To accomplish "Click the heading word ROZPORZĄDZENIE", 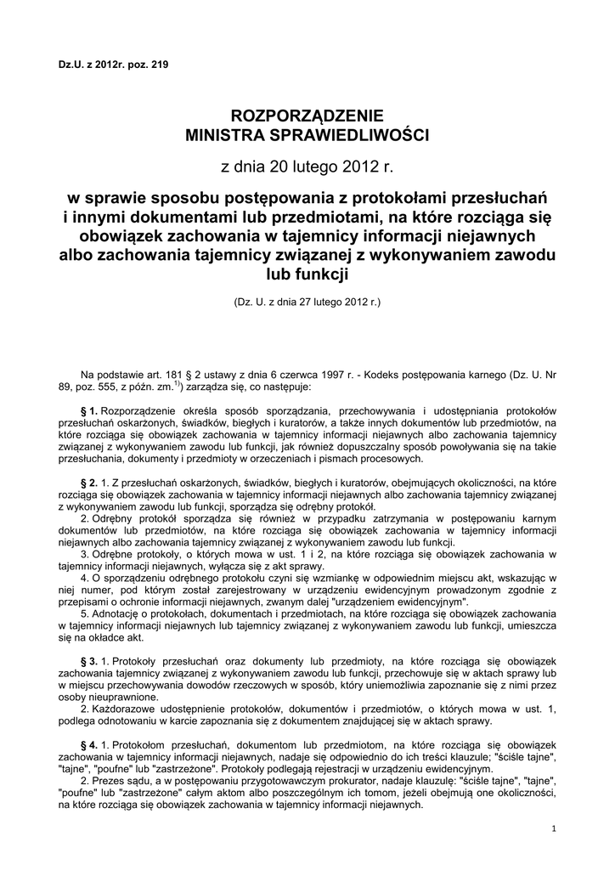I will pos(307,116).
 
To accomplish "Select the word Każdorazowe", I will pos(121,708).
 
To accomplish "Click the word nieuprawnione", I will pos(95,695).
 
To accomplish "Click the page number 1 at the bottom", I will pos(553,828).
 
